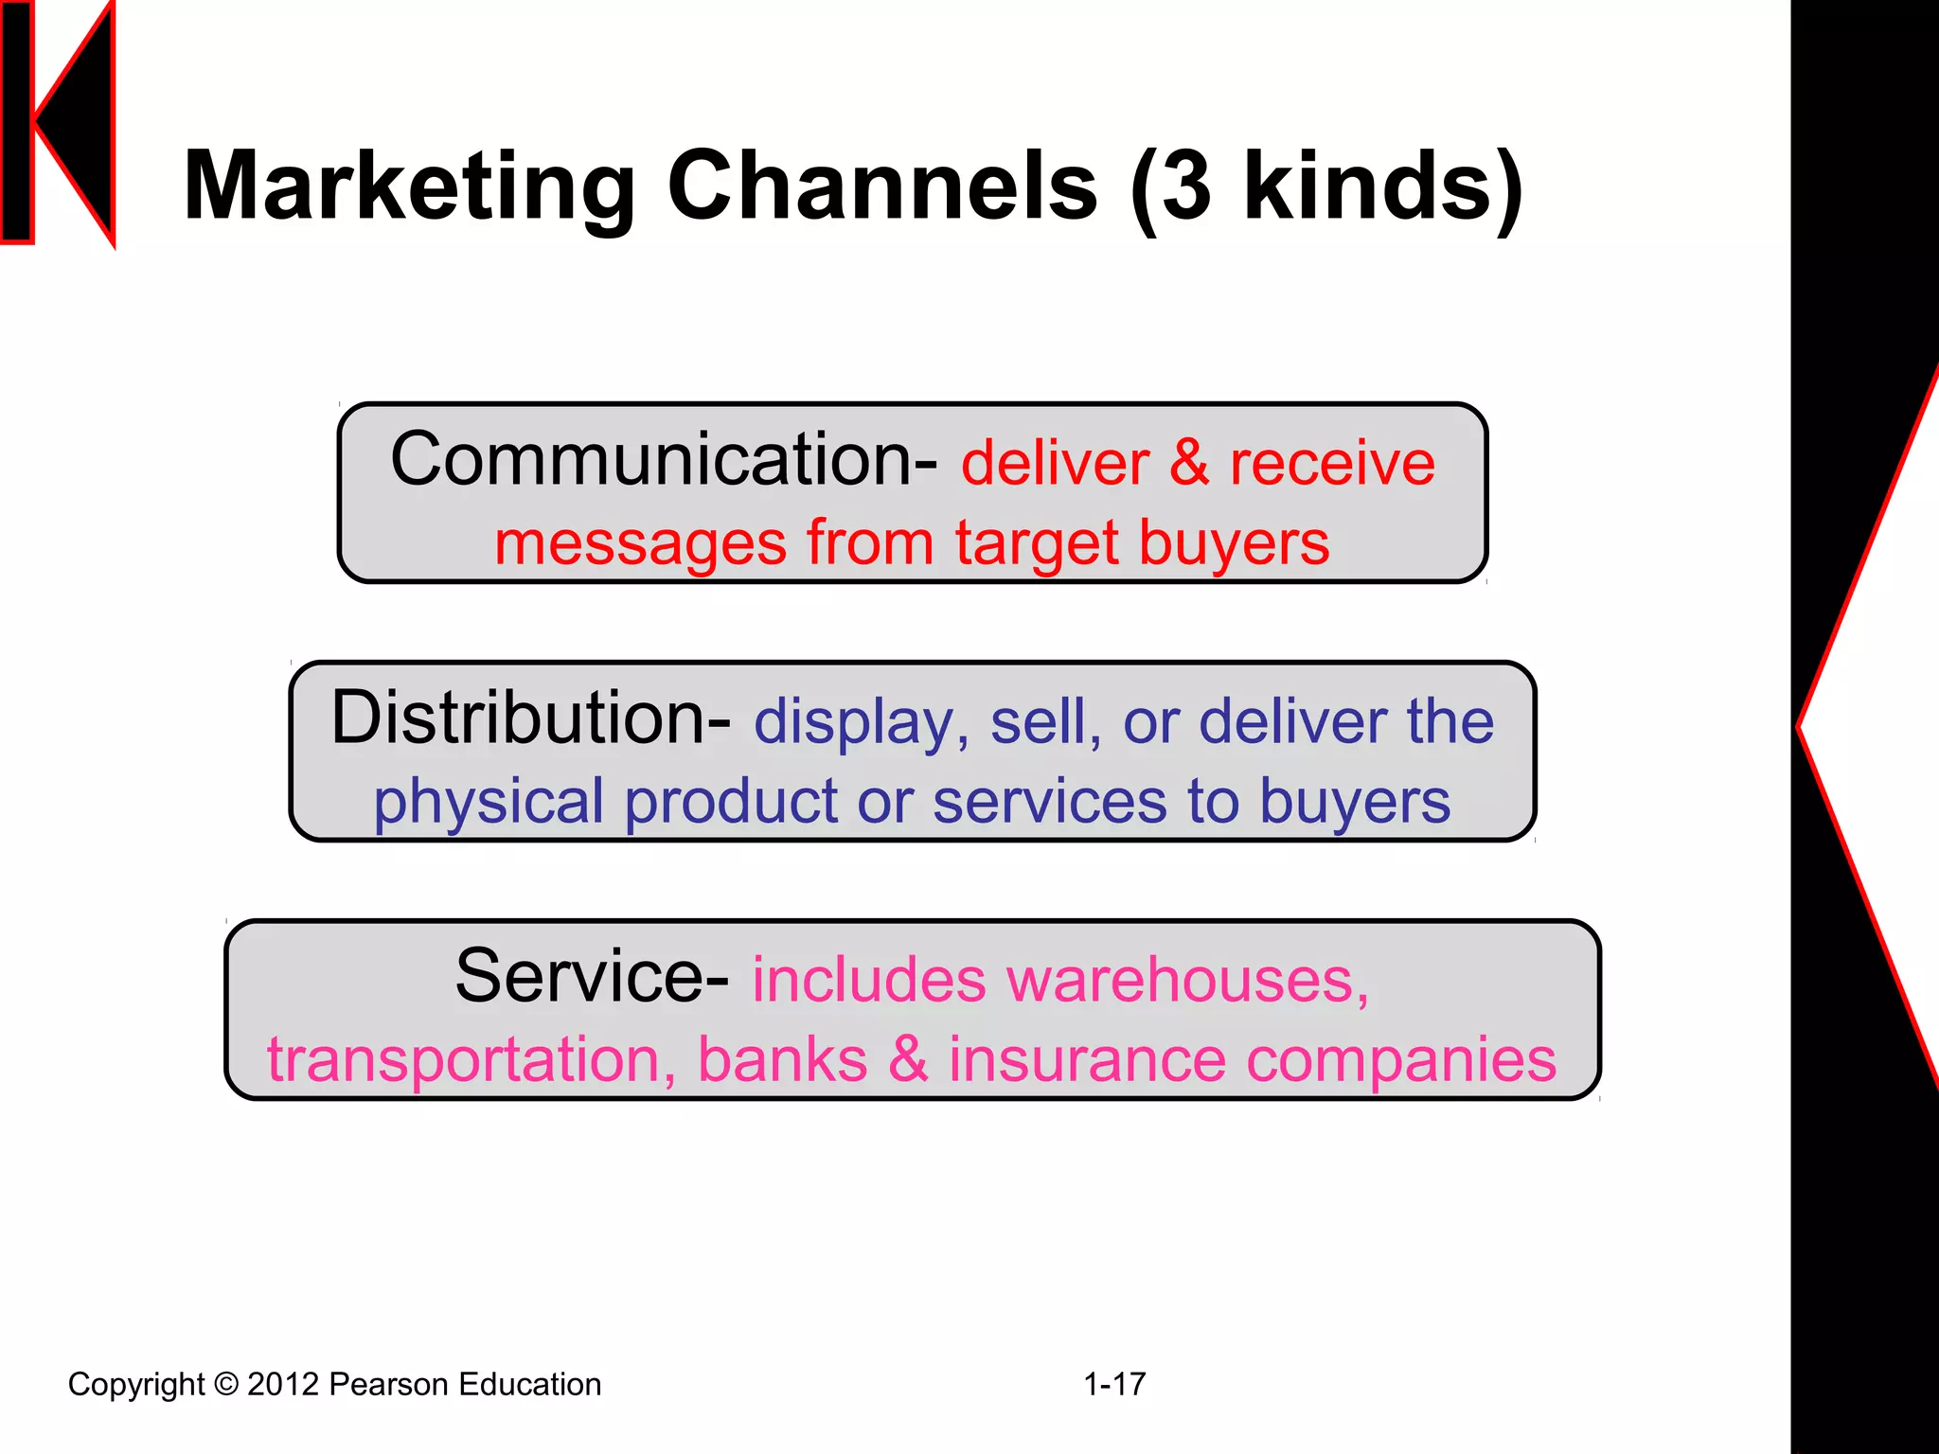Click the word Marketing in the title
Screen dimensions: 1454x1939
click(x=409, y=186)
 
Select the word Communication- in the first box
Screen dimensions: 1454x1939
click(x=664, y=460)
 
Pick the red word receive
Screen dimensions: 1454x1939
click(x=1332, y=464)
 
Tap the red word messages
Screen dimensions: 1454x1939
click(x=640, y=544)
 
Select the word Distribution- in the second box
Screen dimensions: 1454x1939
click(x=530, y=718)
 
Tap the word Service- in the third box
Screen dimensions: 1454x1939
click(x=592, y=977)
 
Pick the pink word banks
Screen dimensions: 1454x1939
click(x=782, y=1059)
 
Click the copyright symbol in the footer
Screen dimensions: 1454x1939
click(x=226, y=1384)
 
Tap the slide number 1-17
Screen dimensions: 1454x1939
click(x=1114, y=1384)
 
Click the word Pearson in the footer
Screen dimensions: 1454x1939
click(x=388, y=1384)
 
